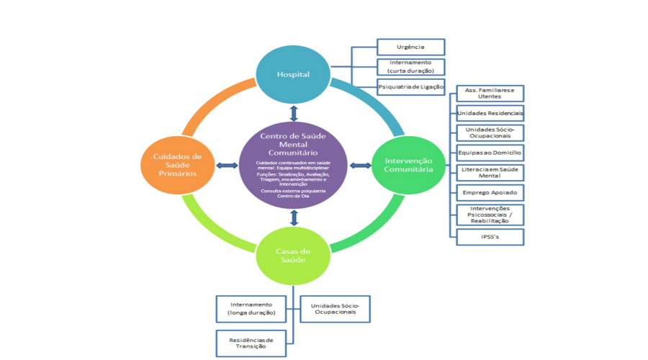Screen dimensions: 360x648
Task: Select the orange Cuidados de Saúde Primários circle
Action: pos(177,165)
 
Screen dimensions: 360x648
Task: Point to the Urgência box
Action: pos(410,48)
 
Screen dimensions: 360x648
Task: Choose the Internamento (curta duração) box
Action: pos(410,67)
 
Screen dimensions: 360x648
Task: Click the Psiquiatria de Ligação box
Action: pos(410,87)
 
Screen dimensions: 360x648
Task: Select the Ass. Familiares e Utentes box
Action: pos(490,94)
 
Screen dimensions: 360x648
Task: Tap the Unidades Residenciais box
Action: pos(490,114)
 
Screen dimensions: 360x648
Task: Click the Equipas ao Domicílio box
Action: pos(490,153)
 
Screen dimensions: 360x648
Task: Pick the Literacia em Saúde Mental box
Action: pos(490,173)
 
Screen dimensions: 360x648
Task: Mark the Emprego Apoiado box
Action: pos(490,193)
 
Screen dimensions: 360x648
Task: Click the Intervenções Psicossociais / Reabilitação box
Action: pos(490,214)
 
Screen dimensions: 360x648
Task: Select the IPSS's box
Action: pos(490,236)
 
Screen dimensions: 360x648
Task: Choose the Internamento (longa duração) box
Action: pos(251,308)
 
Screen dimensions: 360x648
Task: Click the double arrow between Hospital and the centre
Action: pos(294,114)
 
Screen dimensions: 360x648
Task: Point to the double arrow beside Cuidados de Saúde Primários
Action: pos(227,166)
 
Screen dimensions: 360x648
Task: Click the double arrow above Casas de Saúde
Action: pos(294,217)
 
